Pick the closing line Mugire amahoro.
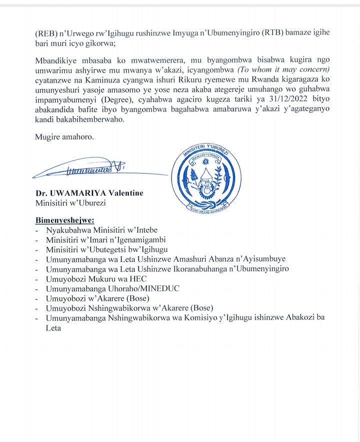(x=64, y=136)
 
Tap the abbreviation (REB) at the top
(x=45, y=33)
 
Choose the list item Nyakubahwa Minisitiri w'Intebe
(x=101, y=230)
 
